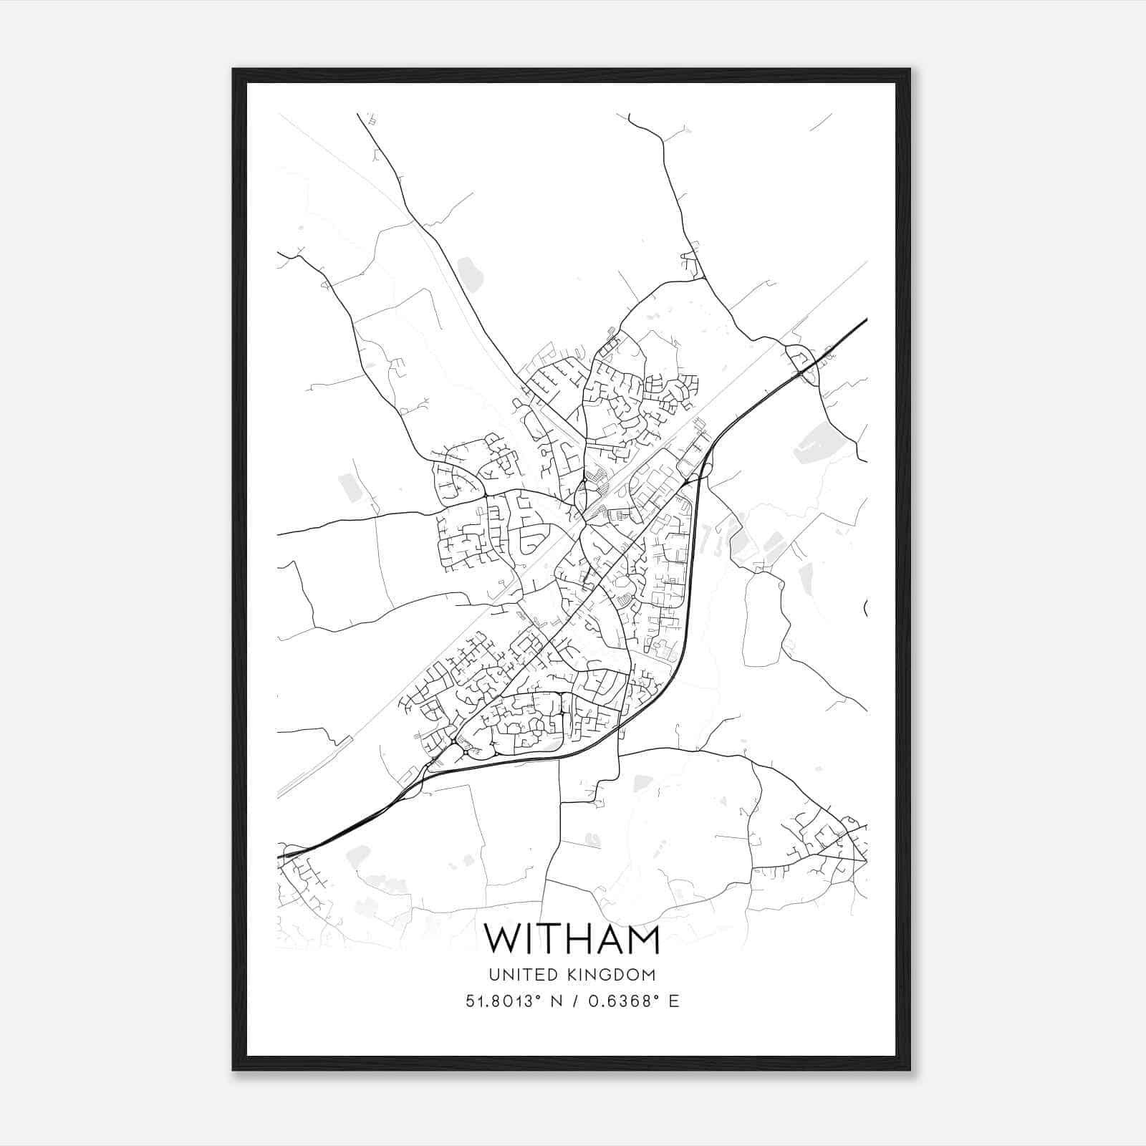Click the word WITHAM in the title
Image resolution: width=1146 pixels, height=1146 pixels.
point(572,939)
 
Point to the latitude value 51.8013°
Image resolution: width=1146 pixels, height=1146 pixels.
point(501,1001)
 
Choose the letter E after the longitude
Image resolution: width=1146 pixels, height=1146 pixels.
point(673,1001)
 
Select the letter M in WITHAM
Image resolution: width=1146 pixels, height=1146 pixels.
point(642,939)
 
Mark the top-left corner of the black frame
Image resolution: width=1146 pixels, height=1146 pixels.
point(233,69)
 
